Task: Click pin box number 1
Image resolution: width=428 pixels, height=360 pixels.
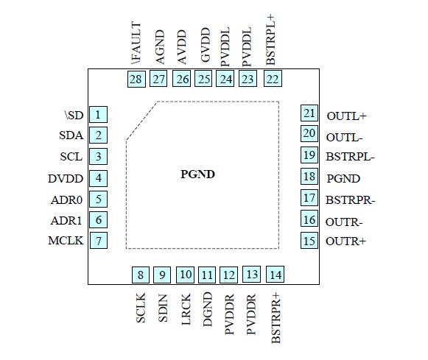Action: (x=98, y=115)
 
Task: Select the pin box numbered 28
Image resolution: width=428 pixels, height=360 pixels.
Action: (x=136, y=79)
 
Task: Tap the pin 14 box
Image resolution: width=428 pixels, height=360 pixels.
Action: (x=276, y=275)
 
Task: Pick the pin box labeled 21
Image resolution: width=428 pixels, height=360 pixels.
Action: (x=309, y=113)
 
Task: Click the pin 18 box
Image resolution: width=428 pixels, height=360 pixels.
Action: (x=309, y=177)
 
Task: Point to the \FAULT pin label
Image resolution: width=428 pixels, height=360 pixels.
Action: (x=136, y=43)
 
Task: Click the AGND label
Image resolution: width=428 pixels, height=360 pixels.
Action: (x=160, y=47)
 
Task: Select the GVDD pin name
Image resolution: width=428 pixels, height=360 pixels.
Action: (x=206, y=45)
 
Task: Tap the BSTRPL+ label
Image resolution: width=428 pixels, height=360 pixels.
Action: (x=270, y=40)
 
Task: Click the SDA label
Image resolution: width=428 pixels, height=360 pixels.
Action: (x=71, y=135)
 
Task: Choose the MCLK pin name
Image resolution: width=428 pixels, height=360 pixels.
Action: (x=66, y=241)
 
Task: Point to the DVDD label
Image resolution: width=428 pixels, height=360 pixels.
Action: (x=66, y=179)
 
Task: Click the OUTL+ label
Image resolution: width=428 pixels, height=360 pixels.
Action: (x=347, y=116)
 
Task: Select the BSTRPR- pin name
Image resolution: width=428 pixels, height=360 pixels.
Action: (x=351, y=200)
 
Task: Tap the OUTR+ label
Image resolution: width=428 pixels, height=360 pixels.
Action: (x=345, y=241)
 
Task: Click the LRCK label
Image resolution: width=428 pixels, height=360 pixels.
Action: (x=186, y=309)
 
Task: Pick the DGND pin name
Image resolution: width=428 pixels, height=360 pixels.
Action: (x=208, y=309)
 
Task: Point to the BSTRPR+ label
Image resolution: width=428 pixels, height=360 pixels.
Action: (x=276, y=318)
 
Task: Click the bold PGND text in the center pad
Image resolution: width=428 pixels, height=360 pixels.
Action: (x=198, y=174)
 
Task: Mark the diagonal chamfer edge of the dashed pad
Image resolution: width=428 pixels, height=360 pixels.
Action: (x=141, y=121)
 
